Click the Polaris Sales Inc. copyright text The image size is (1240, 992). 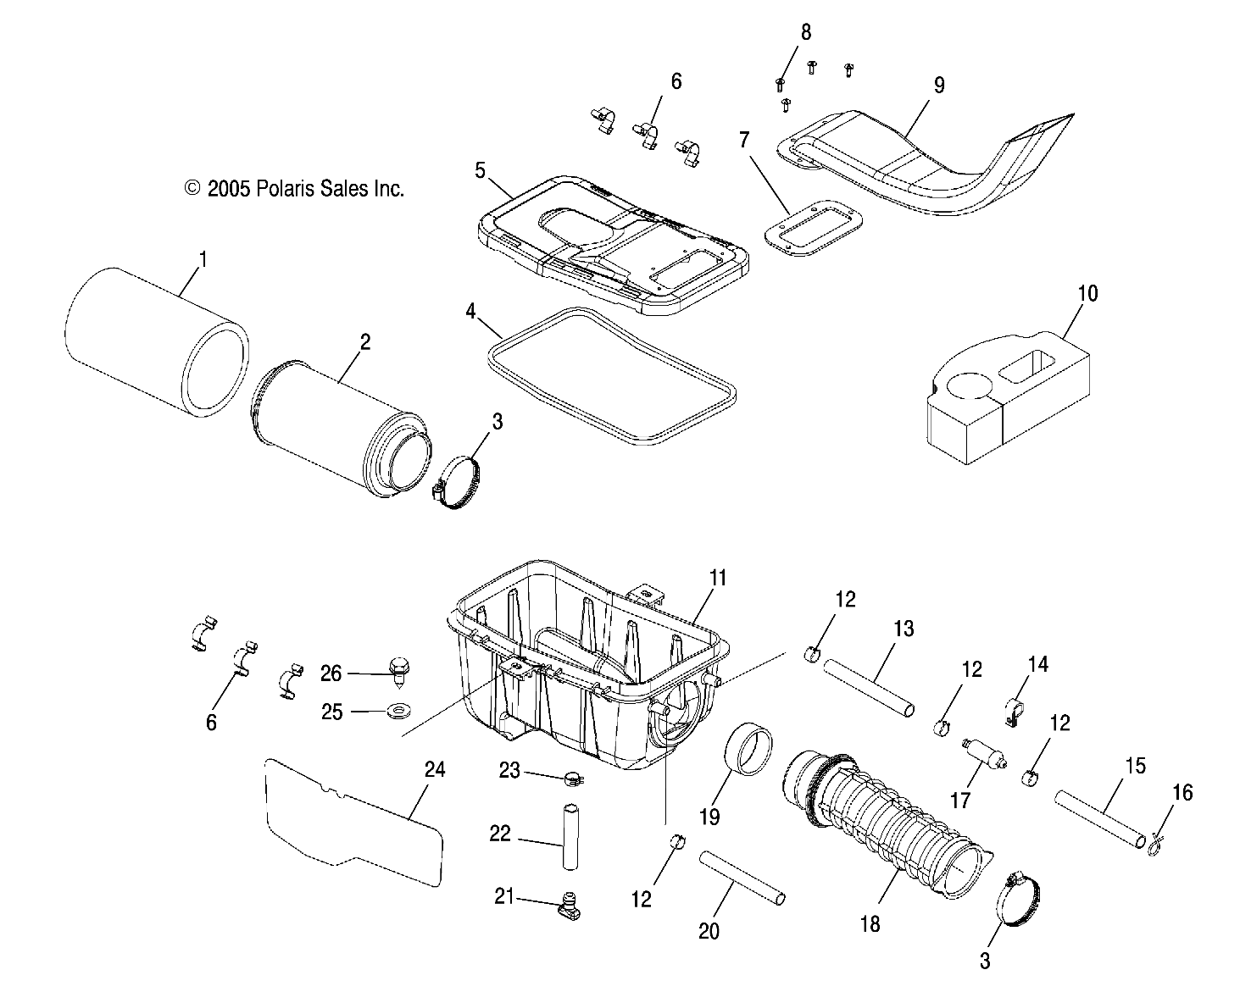click(294, 189)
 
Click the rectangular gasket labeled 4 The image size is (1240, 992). click(610, 375)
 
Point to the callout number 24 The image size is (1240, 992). click(434, 770)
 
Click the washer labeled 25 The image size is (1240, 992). click(395, 710)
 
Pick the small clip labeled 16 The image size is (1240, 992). click(1154, 841)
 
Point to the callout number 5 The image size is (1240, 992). click(480, 170)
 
